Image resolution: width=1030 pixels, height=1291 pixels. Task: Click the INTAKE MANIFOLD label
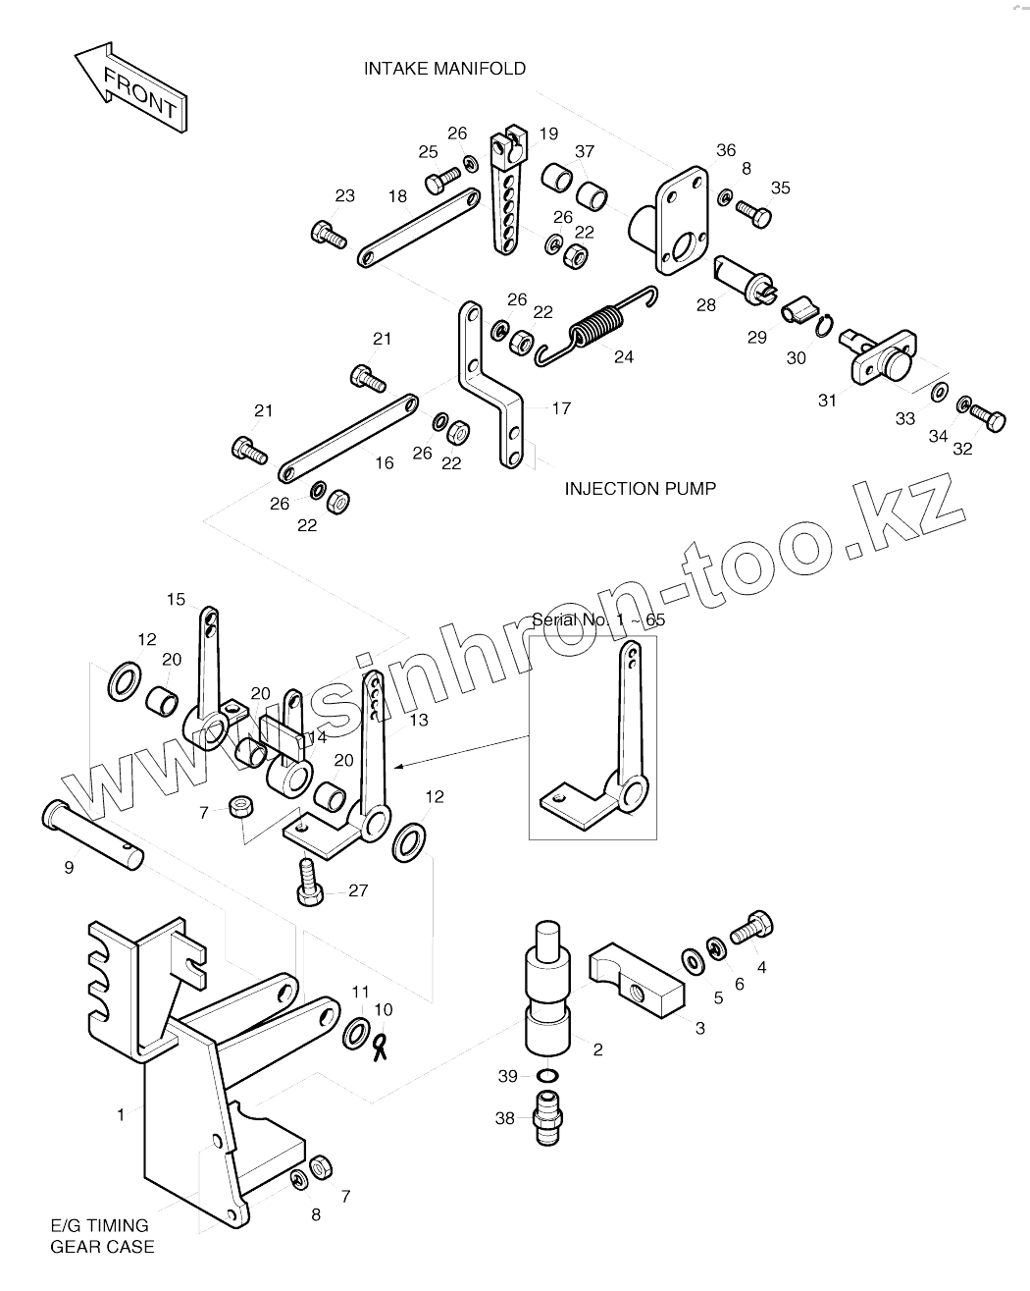click(x=444, y=69)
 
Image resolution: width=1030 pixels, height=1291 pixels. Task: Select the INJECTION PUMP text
click(x=640, y=488)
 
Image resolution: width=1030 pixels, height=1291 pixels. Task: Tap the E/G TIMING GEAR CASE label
click(x=102, y=1236)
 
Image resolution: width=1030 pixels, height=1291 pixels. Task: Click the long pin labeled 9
click(x=92, y=833)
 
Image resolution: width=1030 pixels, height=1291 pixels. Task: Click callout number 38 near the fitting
click(x=504, y=1118)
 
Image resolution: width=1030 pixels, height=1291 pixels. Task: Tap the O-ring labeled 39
click(x=550, y=1076)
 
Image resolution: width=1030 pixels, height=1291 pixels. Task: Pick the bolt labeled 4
click(x=752, y=925)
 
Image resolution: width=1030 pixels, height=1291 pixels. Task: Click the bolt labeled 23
click(x=329, y=234)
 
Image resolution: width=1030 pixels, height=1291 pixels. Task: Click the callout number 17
click(x=561, y=408)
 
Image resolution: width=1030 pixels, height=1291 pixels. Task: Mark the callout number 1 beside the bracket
click(x=121, y=1114)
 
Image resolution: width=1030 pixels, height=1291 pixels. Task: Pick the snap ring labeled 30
click(x=825, y=325)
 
